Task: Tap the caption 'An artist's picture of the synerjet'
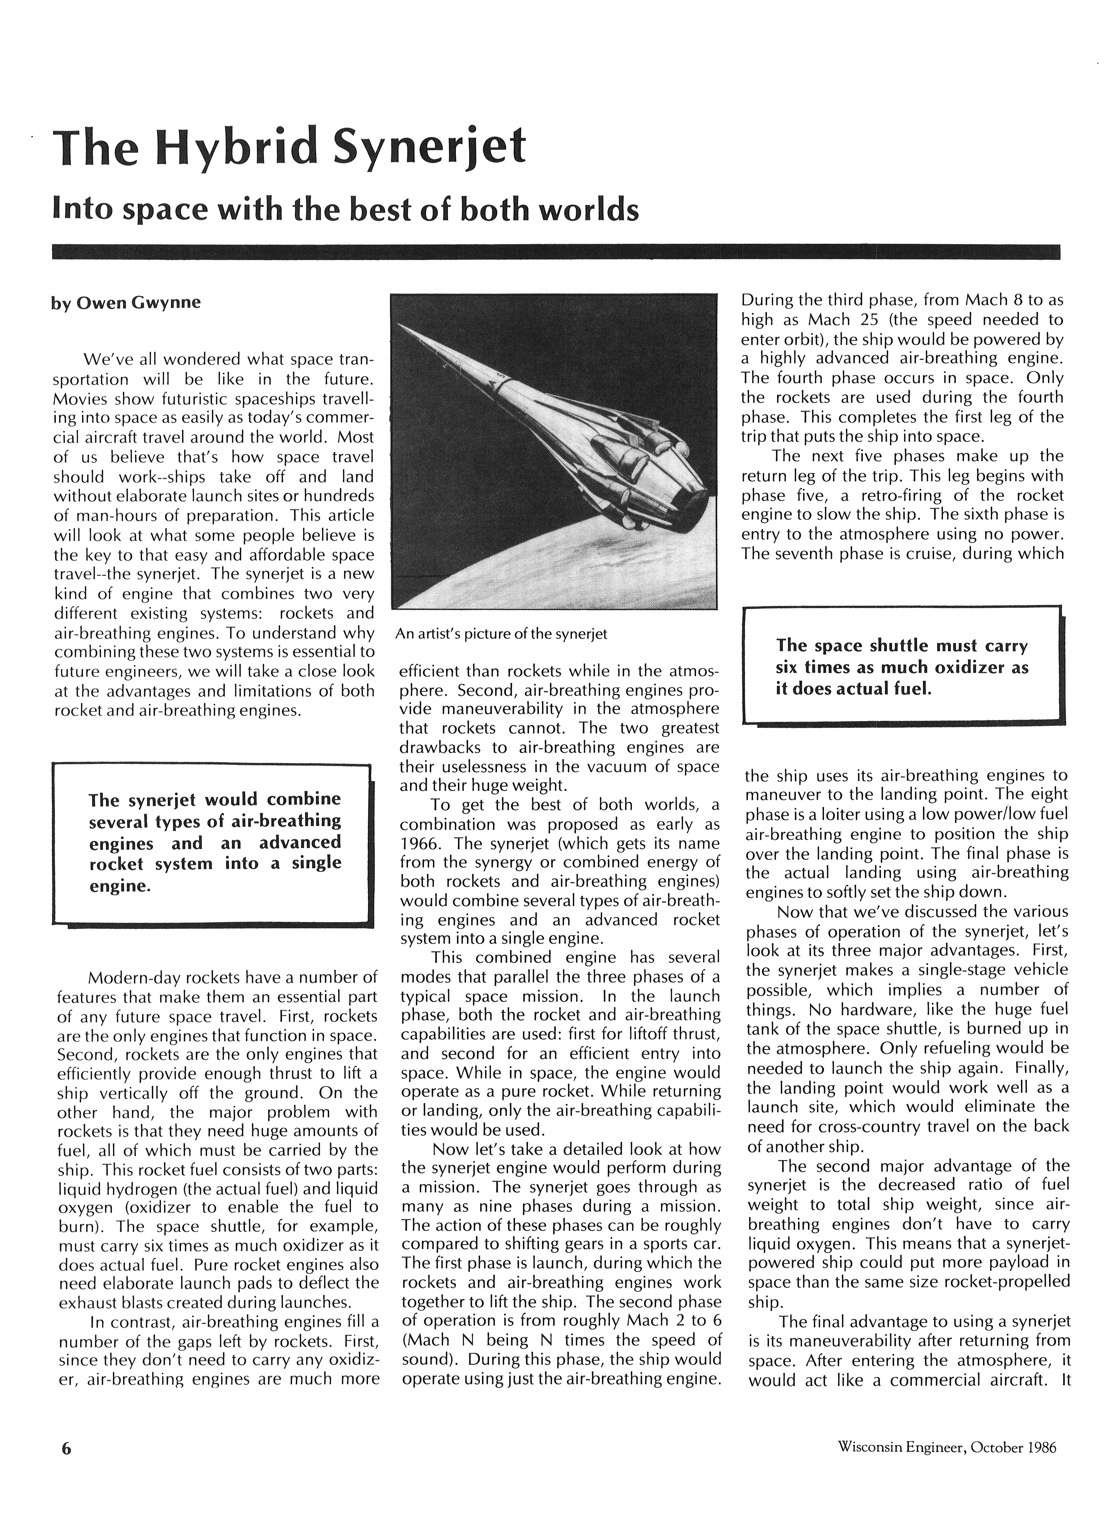[x=501, y=634]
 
